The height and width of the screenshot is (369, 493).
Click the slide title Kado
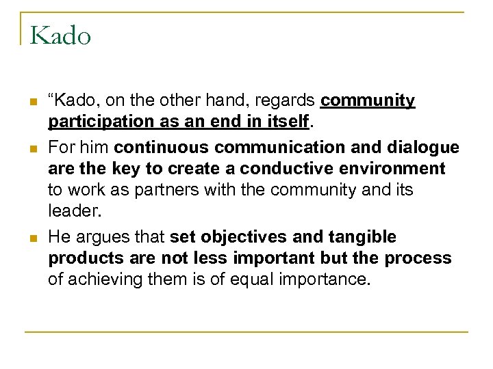60,35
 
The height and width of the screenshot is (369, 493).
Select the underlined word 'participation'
99,123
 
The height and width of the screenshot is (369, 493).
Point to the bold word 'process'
418,258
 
